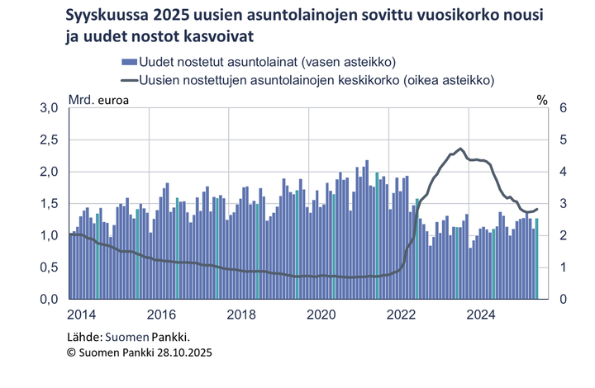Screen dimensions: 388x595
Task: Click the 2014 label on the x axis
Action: coord(81,315)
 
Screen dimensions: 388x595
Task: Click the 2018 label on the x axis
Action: coord(241,315)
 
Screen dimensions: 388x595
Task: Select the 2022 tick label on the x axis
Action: coord(401,315)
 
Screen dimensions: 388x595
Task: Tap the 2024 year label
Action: coord(481,315)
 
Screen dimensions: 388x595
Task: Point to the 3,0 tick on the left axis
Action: coord(50,108)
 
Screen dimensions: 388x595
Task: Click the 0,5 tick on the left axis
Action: coord(50,267)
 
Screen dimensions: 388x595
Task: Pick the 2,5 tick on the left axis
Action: coord(50,140)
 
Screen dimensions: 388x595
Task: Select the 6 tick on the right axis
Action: coord(562,108)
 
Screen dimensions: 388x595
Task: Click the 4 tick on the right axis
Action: coord(562,172)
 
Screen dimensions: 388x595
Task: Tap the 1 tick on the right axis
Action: coord(562,267)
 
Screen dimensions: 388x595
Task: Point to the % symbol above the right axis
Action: coord(542,101)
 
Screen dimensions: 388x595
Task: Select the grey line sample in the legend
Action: coord(128,80)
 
